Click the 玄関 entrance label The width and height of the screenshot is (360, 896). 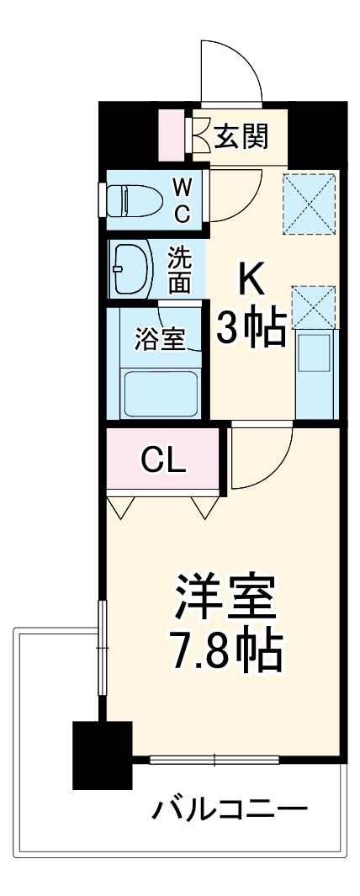241,136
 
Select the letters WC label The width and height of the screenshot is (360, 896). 182,200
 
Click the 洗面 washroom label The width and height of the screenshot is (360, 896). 178,268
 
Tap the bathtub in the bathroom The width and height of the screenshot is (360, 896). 161,391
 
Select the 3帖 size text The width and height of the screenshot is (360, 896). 251,331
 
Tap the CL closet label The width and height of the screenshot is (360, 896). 163,460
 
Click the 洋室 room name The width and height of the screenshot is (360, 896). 224,599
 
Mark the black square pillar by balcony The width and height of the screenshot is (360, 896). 103,754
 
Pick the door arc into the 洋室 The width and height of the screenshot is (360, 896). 261,454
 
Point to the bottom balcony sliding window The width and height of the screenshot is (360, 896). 214,760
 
